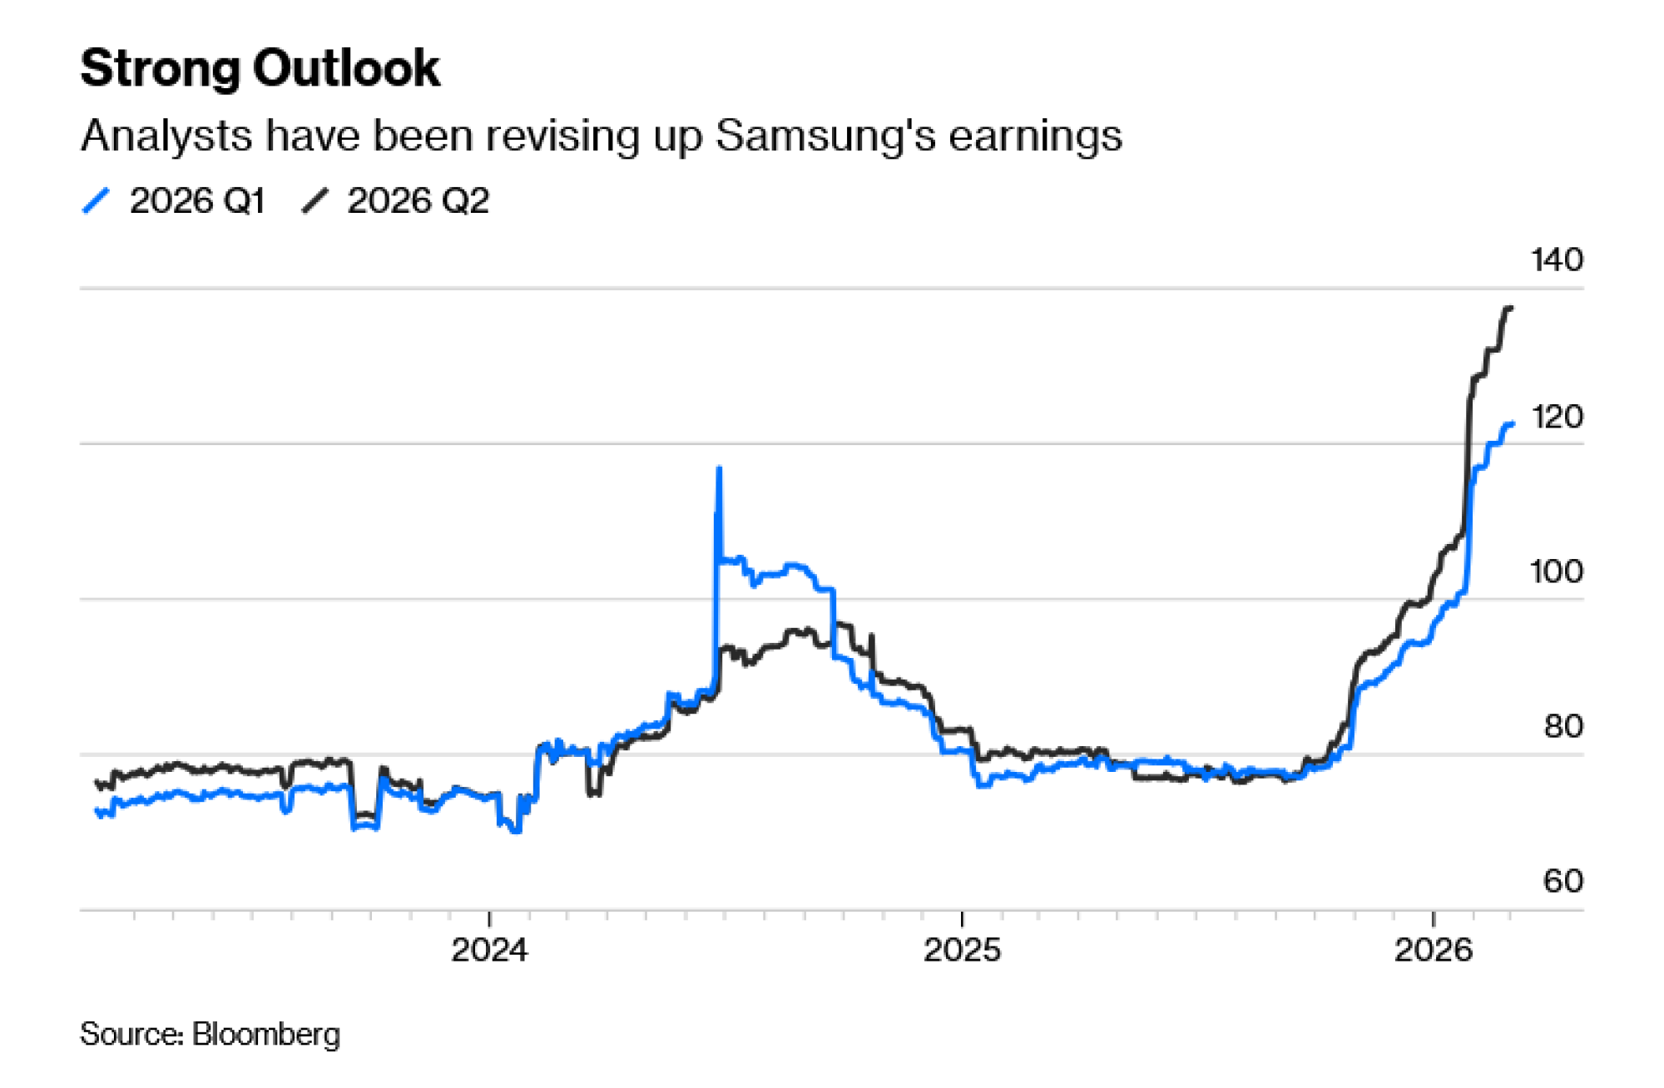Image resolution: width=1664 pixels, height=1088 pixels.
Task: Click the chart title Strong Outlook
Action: click(x=260, y=68)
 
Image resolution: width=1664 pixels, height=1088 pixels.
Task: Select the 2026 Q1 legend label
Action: click(x=197, y=201)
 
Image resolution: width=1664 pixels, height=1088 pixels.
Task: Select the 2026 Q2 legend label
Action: click(x=418, y=201)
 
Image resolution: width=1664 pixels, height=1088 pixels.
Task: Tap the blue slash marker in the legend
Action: click(x=97, y=201)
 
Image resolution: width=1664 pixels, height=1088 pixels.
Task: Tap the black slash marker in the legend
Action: click(x=314, y=201)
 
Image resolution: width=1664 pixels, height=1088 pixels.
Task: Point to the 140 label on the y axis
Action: click(x=1557, y=260)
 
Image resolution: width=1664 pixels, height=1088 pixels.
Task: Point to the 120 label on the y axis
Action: click(x=1557, y=417)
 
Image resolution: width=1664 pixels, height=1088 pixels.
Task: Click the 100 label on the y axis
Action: click(x=1557, y=571)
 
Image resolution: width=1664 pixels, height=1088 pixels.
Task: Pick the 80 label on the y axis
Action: click(x=1562, y=727)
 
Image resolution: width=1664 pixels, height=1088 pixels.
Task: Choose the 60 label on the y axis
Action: click(x=1562, y=882)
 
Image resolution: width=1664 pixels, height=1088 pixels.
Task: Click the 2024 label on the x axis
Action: click(x=489, y=950)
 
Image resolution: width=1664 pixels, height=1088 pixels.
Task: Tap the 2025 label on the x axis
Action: click(x=962, y=950)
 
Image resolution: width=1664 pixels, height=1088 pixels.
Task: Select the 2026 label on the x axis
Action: click(x=1433, y=950)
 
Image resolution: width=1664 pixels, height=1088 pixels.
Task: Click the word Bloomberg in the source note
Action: click(x=266, y=1034)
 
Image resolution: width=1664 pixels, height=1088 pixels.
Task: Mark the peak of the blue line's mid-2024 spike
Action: click(x=719, y=469)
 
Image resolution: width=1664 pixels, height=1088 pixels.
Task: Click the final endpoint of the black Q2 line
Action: click(x=1511, y=309)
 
